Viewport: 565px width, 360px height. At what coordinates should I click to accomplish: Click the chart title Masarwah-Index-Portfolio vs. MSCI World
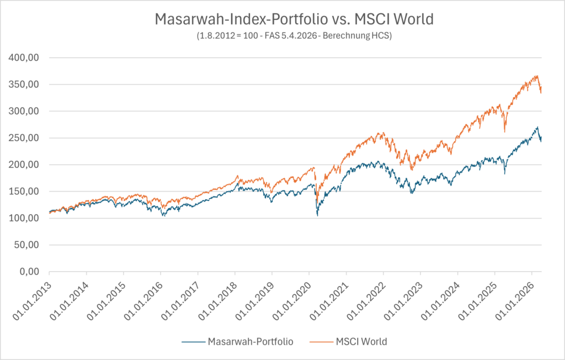pyautogui.click(x=294, y=19)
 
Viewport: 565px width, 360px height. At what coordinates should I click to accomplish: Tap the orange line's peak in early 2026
pyautogui.click(x=536, y=76)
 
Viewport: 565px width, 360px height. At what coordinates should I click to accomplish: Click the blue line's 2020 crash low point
pyautogui.click(x=317, y=215)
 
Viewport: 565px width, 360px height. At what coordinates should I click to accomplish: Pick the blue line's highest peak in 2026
pyautogui.click(x=537, y=127)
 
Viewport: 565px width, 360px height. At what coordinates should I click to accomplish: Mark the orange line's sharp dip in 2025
pyautogui.click(x=504, y=131)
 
